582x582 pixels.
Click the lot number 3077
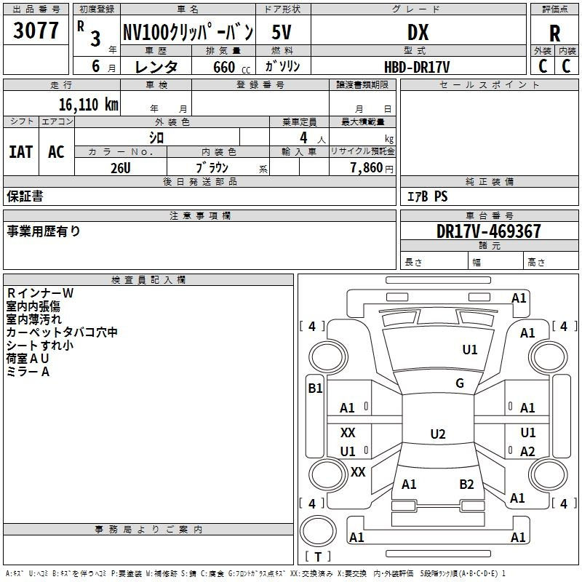pyautogui.click(x=36, y=31)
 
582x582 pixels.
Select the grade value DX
pyautogui.click(x=418, y=32)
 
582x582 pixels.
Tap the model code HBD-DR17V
pyautogui.click(x=417, y=67)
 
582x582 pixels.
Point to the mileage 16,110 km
pyautogui.click(x=89, y=105)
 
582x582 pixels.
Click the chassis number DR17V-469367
pyautogui.click(x=488, y=231)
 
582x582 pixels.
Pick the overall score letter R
pyautogui.click(x=554, y=33)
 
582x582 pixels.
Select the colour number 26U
pyautogui.click(x=121, y=168)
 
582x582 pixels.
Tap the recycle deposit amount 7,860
pyautogui.click(x=367, y=168)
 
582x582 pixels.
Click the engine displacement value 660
pyautogui.click(x=224, y=67)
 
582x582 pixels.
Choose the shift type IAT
pyautogui.click(x=21, y=152)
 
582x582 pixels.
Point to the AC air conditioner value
pyautogui.click(x=57, y=152)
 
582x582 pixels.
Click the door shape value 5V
pyautogui.click(x=282, y=32)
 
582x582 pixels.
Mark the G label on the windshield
pyautogui.click(x=460, y=383)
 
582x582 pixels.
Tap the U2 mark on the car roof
pyautogui.click(x=438, y=434)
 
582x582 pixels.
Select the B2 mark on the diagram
pyautogui.click(x=466, y=485)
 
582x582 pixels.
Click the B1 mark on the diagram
pyautogui.click(x=315, y=388)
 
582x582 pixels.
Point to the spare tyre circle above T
pyautogui.click(x=318, y=531)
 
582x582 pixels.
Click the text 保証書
pyautogui.click(x=25, y=196)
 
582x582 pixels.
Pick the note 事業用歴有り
pyautogui.click(x=44, y=231)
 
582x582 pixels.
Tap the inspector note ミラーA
pyautogui.click(x=28, y=372)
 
